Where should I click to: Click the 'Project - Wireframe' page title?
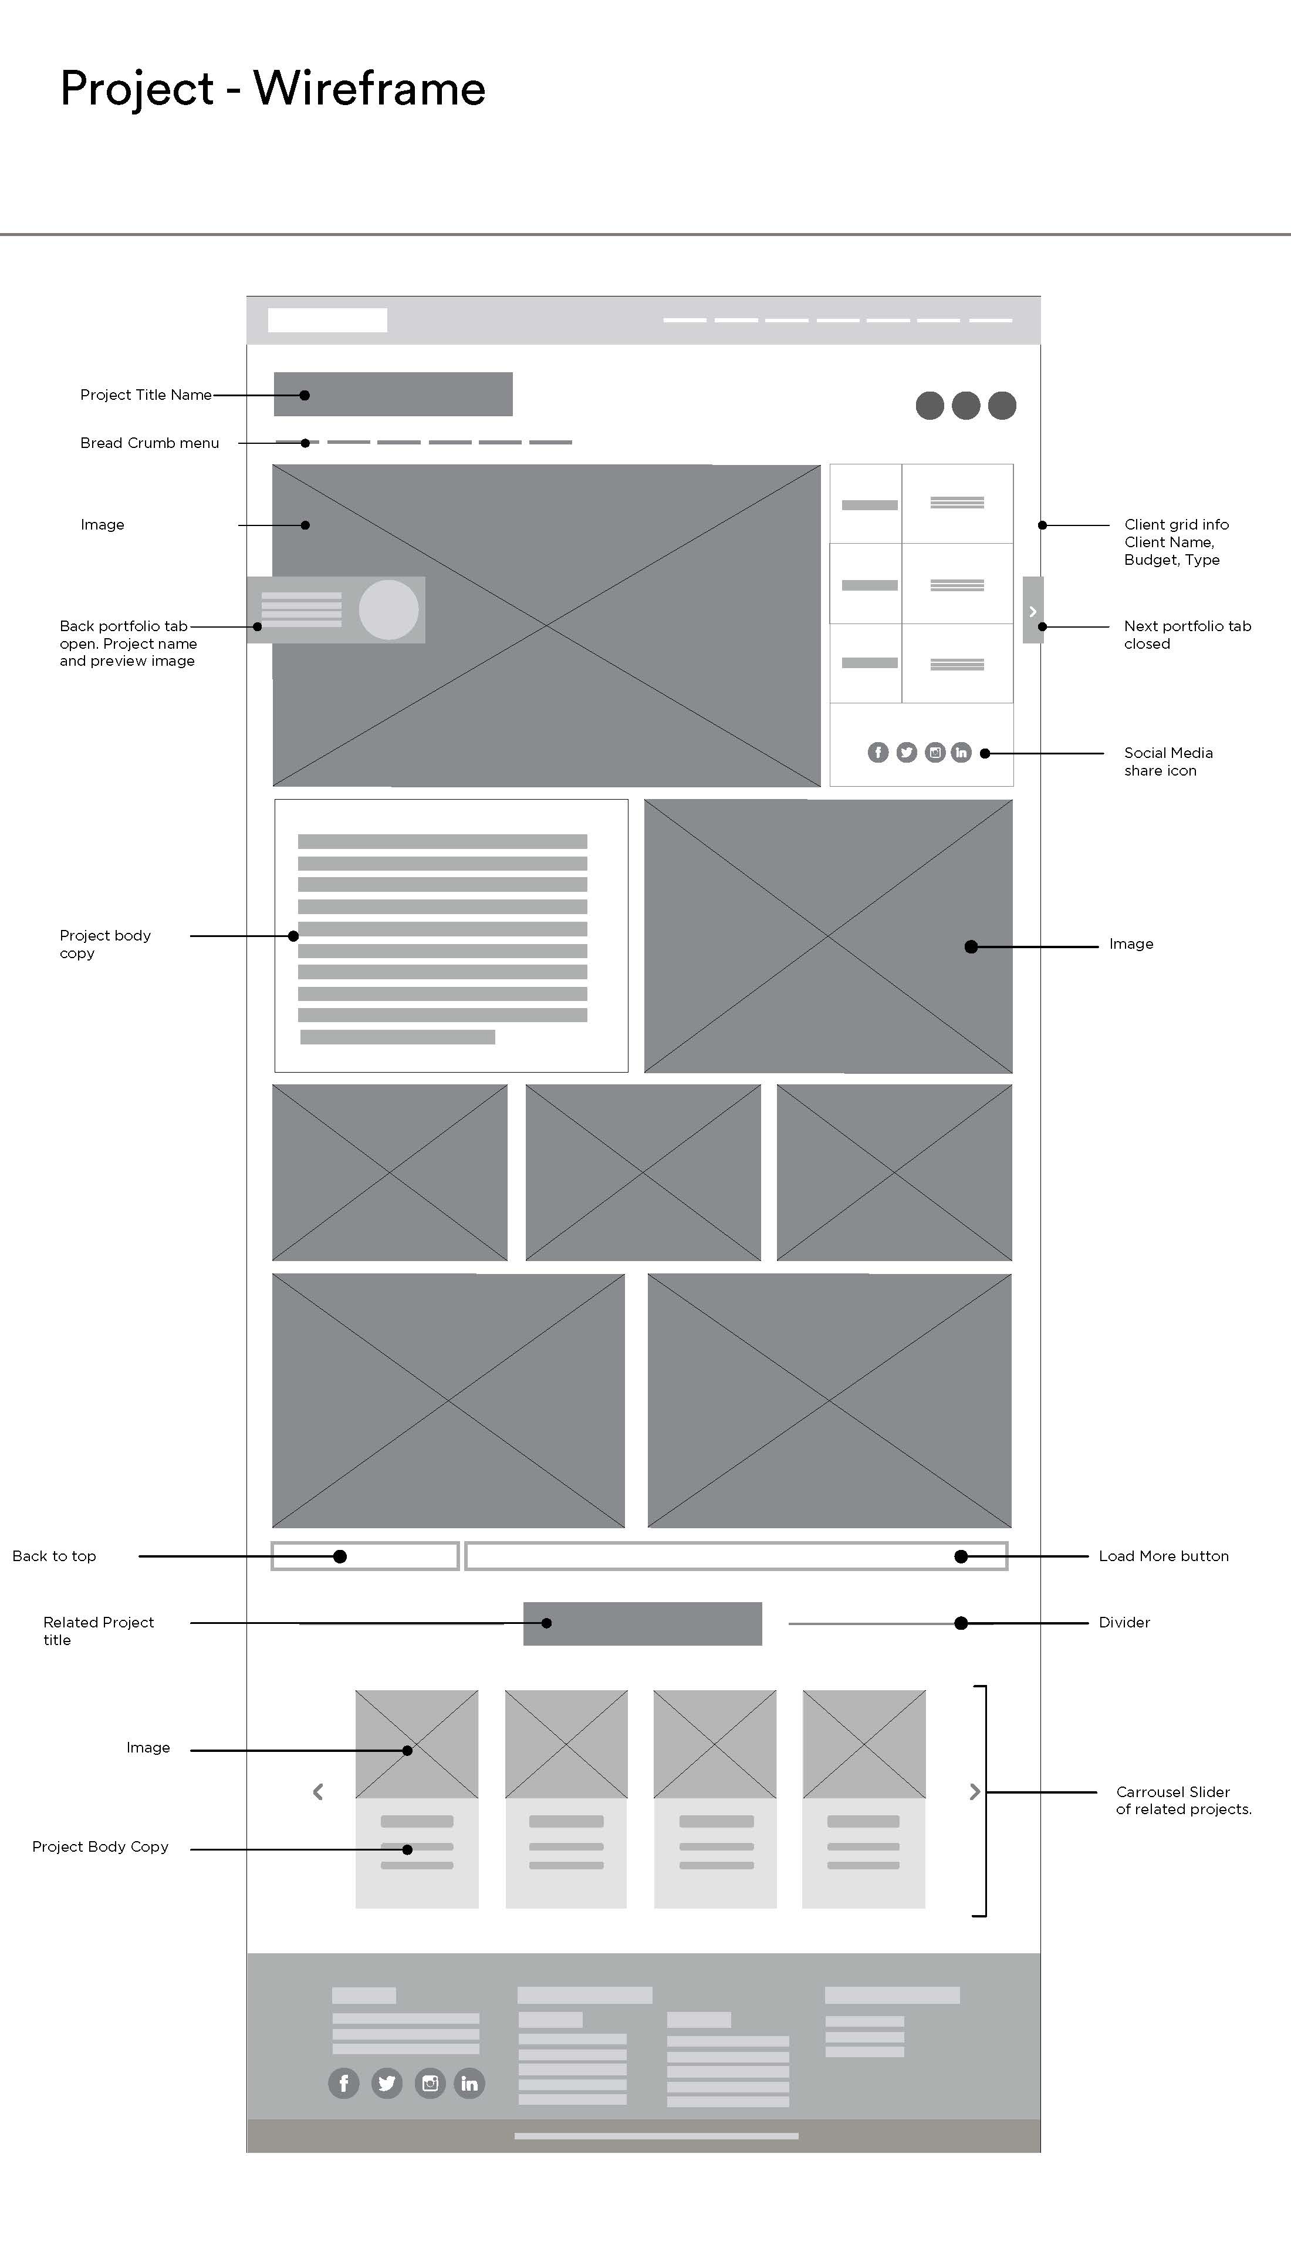(x=272, y=89)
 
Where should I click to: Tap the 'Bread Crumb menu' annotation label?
(x=149, y=443)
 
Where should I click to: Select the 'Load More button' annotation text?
(x=1163, y=1556)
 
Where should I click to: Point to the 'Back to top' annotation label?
(x=54, y=1556)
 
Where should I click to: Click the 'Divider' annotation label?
(x=1123, y=1623)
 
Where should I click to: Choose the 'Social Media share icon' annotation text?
(x=1168, y=761)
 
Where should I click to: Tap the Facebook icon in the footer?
(x=344, y=2083)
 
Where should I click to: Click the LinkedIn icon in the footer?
(x=469, y=2083)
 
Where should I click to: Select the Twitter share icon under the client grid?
(x=906, y=752)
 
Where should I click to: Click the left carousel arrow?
(x=318, y=1792)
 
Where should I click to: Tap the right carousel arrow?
(x=975, y=1792)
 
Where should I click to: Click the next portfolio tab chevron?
(x=1032, y=611)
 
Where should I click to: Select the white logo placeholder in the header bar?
(x=327, y=320)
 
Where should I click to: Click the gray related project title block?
(x=642, y=1623)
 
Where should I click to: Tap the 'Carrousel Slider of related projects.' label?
(x=1183, y=1800)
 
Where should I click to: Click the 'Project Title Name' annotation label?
(x=146, y=395)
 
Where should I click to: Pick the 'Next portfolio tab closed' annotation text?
(x=1187, y=634)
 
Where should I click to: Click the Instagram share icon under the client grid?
(x=935, y=752)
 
